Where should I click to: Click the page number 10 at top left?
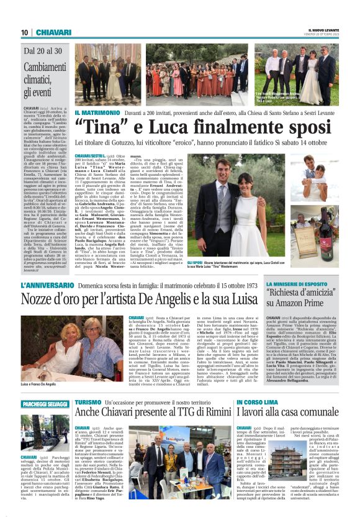click(x=24, y=32)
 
